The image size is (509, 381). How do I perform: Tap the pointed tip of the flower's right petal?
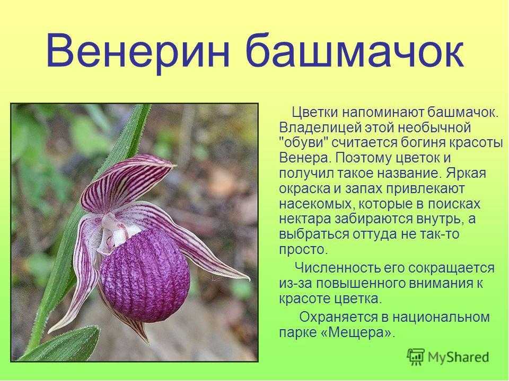click(x=249, y=279)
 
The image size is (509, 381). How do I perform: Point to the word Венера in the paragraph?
click(x=304, y=158)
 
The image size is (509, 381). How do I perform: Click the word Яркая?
click(x=466, y=173)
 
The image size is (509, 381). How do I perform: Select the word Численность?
click(x=338, y=268)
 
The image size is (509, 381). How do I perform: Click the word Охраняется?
click(x=339, y=317)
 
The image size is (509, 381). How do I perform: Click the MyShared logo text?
click(x=458, y=357)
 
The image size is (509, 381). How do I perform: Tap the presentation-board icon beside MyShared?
click(x=416, y=357)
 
